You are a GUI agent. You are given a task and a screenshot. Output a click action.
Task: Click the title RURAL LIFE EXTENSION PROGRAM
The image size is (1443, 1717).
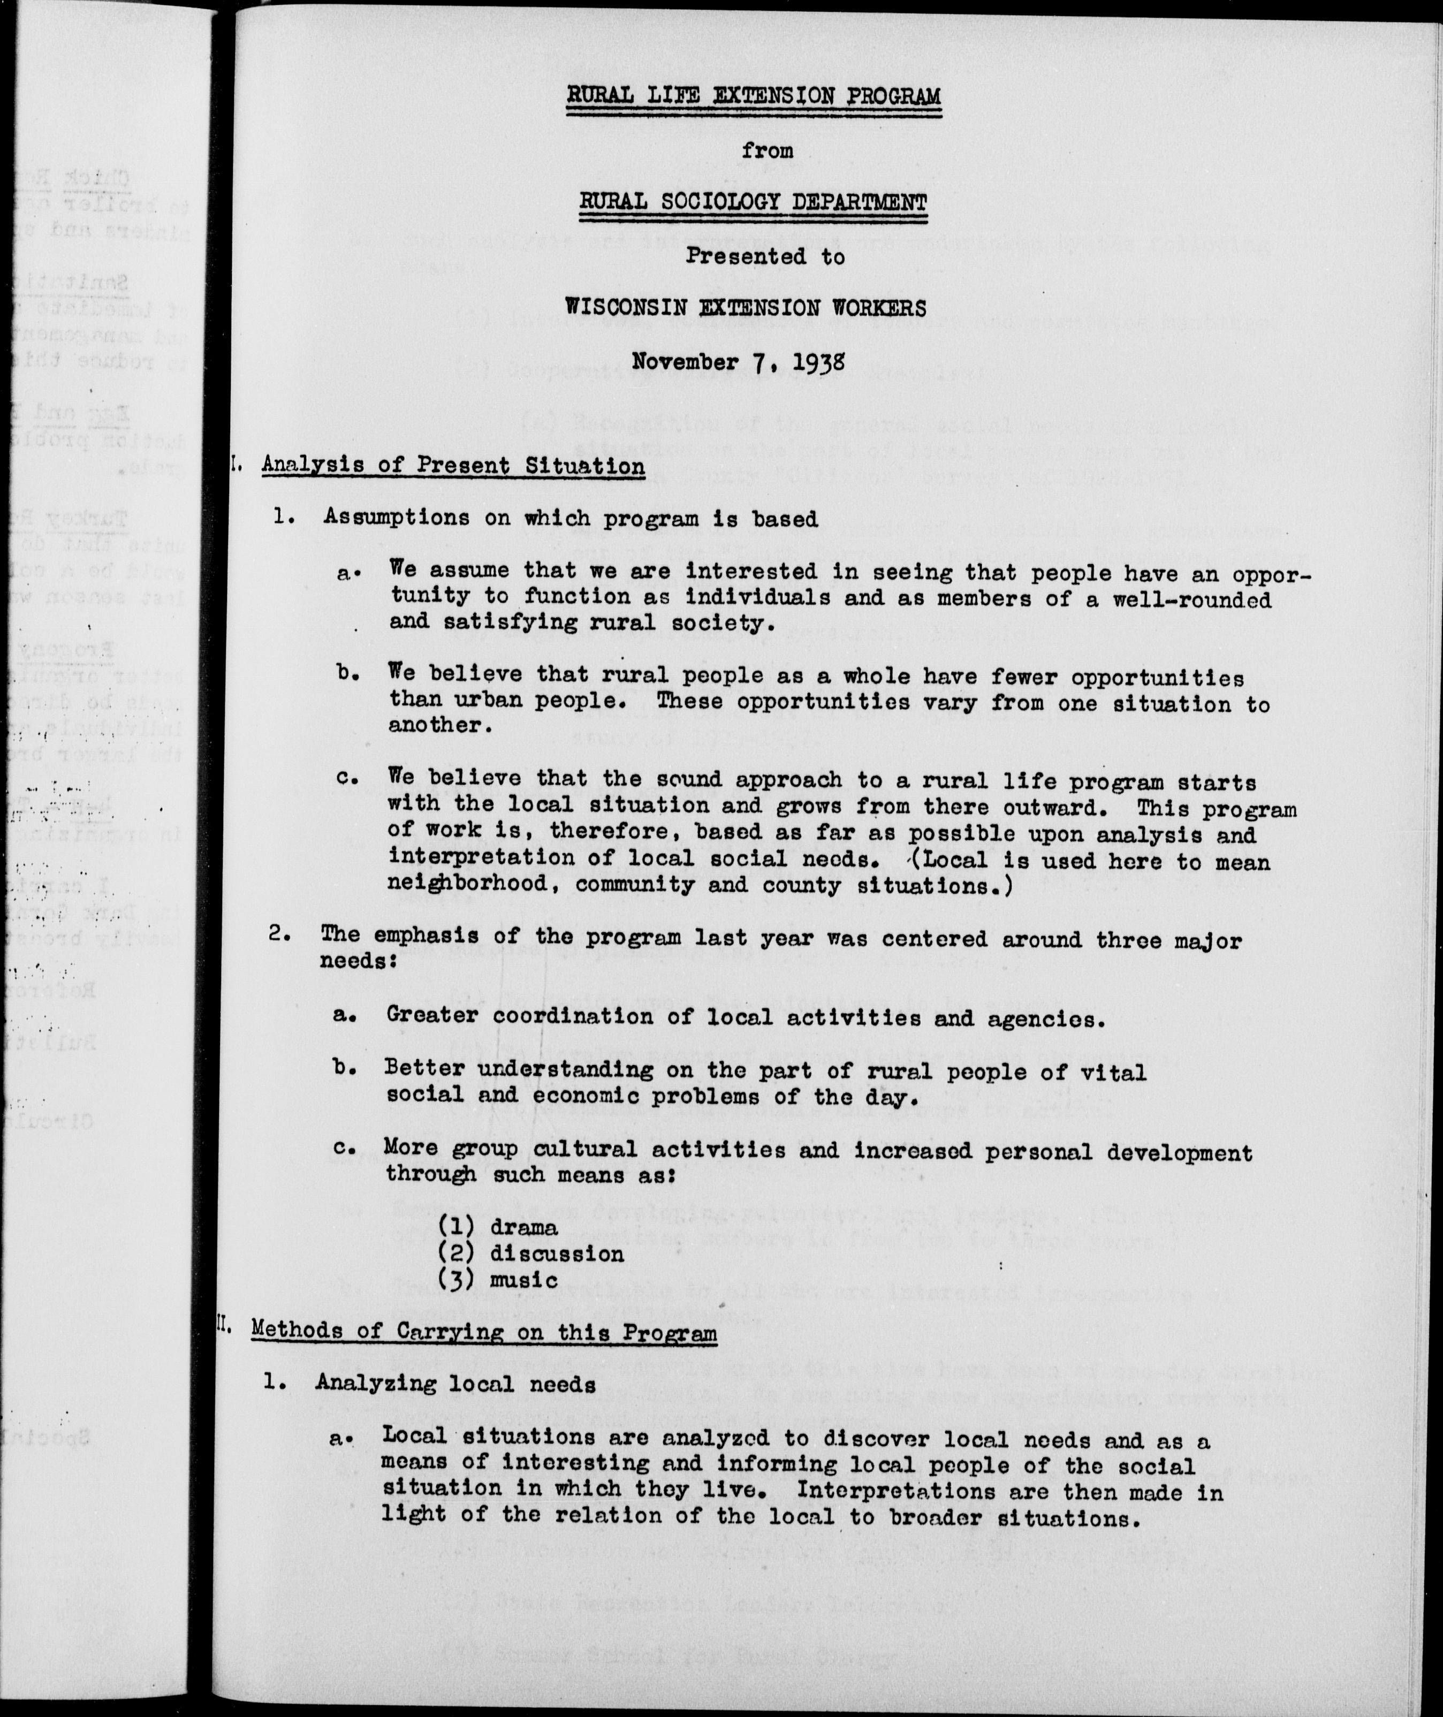click(x=754, y=96)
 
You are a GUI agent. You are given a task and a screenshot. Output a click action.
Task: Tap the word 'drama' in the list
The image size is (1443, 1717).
click(x=525, y=1227)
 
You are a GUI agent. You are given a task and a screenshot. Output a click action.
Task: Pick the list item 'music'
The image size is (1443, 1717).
click(x=525, y=1279)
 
